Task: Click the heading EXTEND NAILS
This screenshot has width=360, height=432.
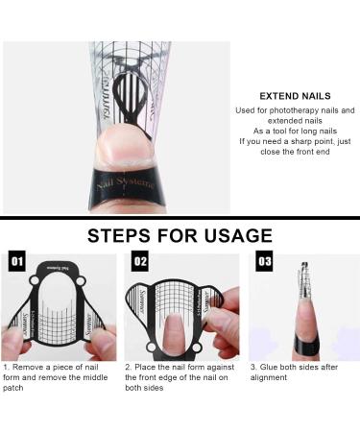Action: (x=295, y=96)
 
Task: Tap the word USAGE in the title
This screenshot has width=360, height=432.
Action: (x=236, y=236)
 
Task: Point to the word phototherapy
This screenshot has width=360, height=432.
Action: (x=281, y=110)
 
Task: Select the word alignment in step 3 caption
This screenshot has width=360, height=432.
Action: (x=271, y=379)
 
